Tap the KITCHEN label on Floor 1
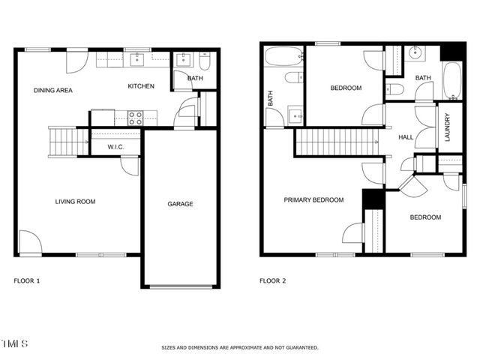[x=141, y=86]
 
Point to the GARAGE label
[x=180, y=204]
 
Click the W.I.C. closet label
[x=115, y=147]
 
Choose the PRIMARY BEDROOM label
[x=313, y=200]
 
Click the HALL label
[x=406, y=137]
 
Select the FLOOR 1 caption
[x=27, y=281]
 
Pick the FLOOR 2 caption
[x=273, y=281]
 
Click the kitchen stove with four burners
[x=136, y=118]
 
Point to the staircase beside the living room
[x=63, y=140]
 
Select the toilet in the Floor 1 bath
[x=205, y=61]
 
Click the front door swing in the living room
[x=30, y=242]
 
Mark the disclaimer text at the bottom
[x=240, y=347]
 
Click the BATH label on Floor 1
[x=195, y=78]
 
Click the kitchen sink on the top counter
[x=139, y=58]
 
